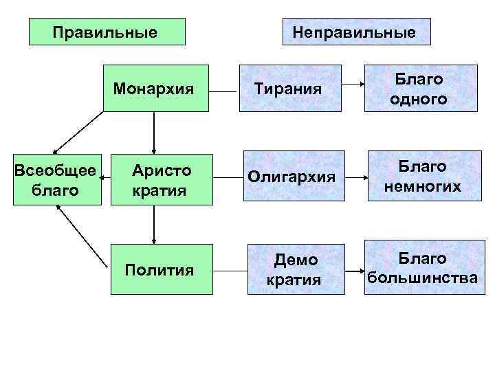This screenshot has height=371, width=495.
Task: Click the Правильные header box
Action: point(107,32)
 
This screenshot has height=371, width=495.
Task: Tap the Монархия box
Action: point(155,88)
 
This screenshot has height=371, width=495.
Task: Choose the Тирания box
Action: point(289,88)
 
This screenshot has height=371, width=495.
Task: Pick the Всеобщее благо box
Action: point(56,180)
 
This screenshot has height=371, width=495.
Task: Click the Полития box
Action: point(159,270)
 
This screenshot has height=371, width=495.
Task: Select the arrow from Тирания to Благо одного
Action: point(355,85)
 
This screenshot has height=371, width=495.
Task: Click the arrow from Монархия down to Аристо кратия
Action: point(154,132)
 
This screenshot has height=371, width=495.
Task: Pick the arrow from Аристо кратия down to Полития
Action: point(154,225)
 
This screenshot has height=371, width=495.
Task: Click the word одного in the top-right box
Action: point(419,99)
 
